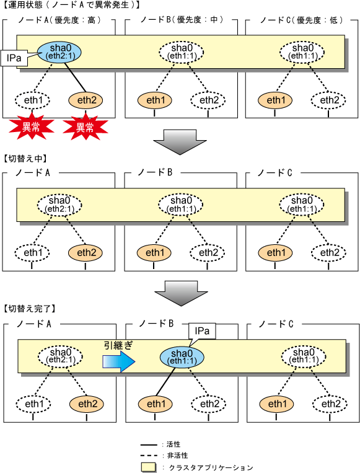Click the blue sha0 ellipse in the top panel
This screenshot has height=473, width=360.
(59, 52)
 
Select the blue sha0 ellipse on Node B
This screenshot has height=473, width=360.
(182, 357)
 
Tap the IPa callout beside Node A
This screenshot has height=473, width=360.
(14, 58)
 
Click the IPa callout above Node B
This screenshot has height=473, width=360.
(202, 331)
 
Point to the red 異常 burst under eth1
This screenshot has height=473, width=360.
(31, 127)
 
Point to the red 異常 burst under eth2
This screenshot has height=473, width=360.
(85, 127)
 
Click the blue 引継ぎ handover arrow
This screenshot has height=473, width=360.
(118, 361)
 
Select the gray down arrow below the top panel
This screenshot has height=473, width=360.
(180, 142)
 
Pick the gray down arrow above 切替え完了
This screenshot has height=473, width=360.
(181, 293)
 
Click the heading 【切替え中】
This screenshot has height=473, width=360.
(25, 159)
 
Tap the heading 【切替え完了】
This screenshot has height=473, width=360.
(30, 309)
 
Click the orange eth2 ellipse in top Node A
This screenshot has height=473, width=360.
(86, 100)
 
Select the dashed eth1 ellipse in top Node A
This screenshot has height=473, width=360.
(33, 100)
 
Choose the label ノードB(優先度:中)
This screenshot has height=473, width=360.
(182, 20)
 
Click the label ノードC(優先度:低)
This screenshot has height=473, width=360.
(302, 20)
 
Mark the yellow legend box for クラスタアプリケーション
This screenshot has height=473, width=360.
(149, 467)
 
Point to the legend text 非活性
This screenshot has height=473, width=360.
(178, 456)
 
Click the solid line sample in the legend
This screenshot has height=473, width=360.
(149, 445)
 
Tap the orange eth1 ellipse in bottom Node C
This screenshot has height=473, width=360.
(277, 404)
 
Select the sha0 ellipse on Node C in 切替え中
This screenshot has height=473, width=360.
(302, 205)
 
